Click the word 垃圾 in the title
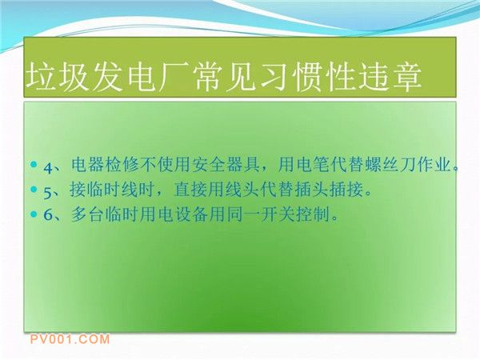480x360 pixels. [x=56, y=76]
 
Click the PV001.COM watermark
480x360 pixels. [x=70, y=339]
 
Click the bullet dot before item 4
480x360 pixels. [x=34, y=164]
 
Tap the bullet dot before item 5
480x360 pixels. [x=34, y=189]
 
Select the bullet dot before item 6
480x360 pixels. [x=34, y=214]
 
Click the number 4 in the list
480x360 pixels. [x=48, y=167]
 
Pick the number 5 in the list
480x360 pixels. [x=48, y=193]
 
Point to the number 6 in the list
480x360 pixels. [x=48, y=214]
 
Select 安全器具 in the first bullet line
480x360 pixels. [x=226, y=165]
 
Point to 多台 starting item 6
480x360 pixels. [x=88, y=214]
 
